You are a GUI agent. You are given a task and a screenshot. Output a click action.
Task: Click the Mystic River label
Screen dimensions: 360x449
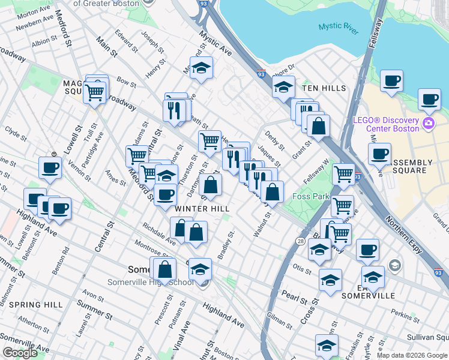click(338, 26)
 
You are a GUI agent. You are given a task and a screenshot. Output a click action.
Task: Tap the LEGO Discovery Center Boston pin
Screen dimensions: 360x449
click(428, 124)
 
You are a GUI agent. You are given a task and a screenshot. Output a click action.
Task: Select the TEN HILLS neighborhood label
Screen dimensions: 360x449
click(324, 88)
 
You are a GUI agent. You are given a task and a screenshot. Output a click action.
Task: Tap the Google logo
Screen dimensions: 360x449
click(20, 353)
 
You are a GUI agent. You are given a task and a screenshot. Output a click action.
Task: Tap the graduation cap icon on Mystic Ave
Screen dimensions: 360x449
click(202, 68)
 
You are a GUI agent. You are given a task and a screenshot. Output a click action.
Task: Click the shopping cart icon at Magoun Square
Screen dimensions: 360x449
click(95, 93)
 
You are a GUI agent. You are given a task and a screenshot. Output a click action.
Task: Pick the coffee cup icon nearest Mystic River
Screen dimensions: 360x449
click(391, 81)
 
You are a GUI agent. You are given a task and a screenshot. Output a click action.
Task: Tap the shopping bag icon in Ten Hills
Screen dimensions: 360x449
click(319, 126)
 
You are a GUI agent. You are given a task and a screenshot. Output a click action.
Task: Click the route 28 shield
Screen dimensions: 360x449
click(300, 241)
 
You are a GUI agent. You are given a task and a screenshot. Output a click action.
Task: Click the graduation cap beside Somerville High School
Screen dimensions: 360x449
click(200, 270)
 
